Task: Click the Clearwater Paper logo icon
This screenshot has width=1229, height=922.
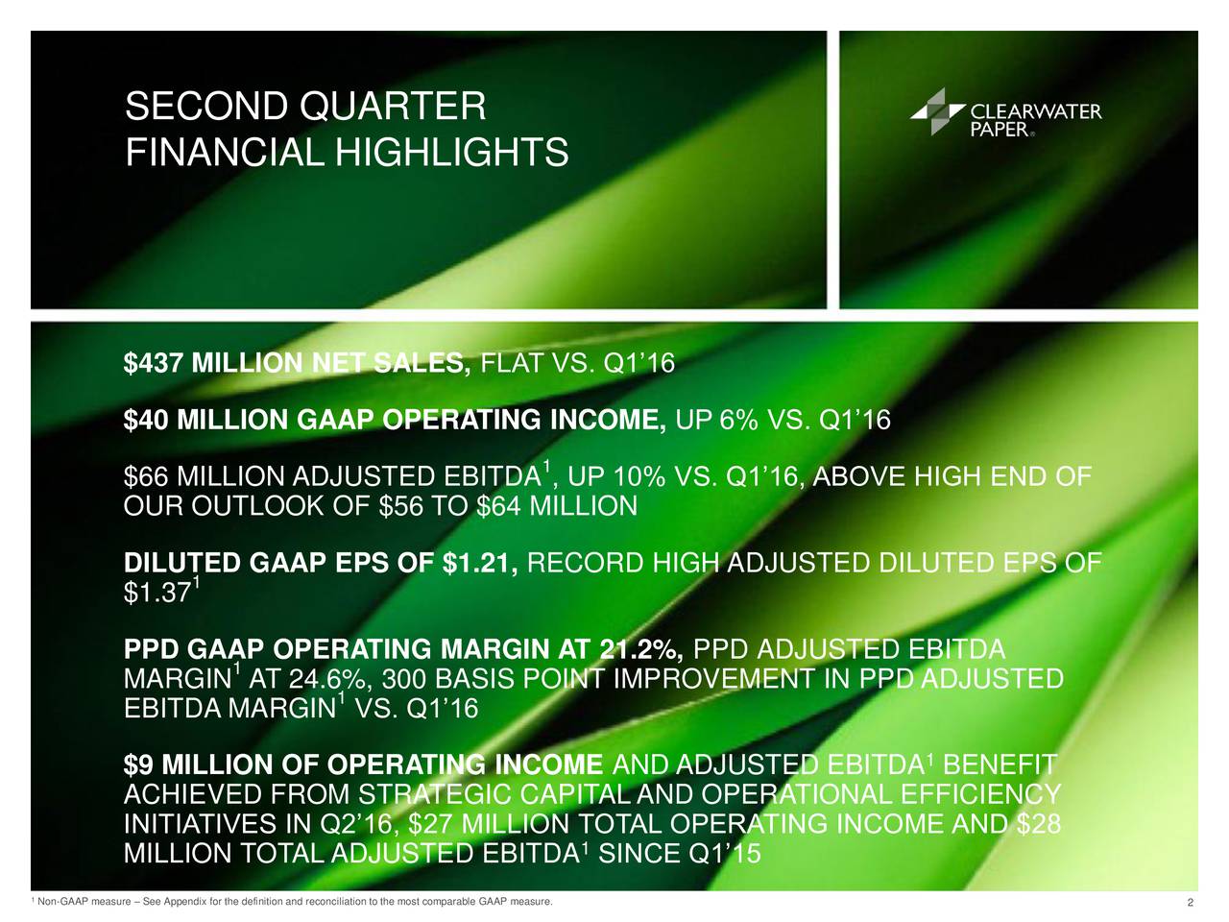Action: [937, 111]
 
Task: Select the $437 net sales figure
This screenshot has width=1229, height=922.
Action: [154, 363]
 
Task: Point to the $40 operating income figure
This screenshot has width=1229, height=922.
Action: [145, 420]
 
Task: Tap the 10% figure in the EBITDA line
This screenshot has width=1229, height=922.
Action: [639, 477]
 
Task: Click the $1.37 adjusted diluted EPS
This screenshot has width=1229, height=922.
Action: [157, 594]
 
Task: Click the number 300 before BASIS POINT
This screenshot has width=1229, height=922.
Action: [403, 679]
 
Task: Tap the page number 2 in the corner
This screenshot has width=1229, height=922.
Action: [1191, 903]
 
